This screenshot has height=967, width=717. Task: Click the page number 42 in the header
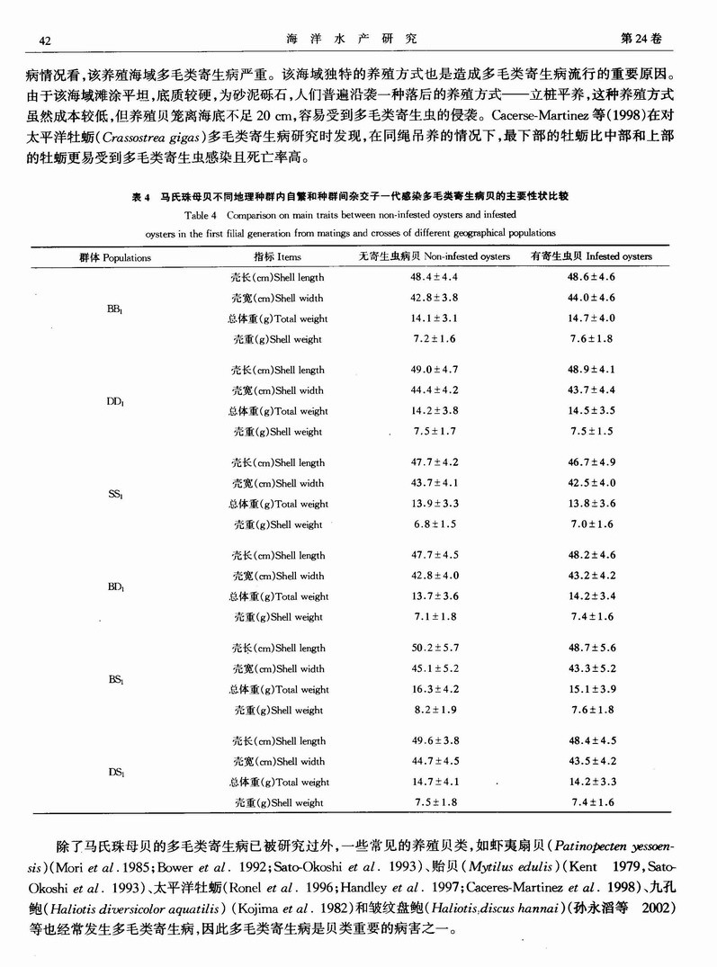point(44,39)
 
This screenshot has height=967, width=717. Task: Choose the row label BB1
point(114,309)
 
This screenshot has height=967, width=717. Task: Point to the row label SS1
point(114,494)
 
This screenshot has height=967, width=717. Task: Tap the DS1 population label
point(114,772)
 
